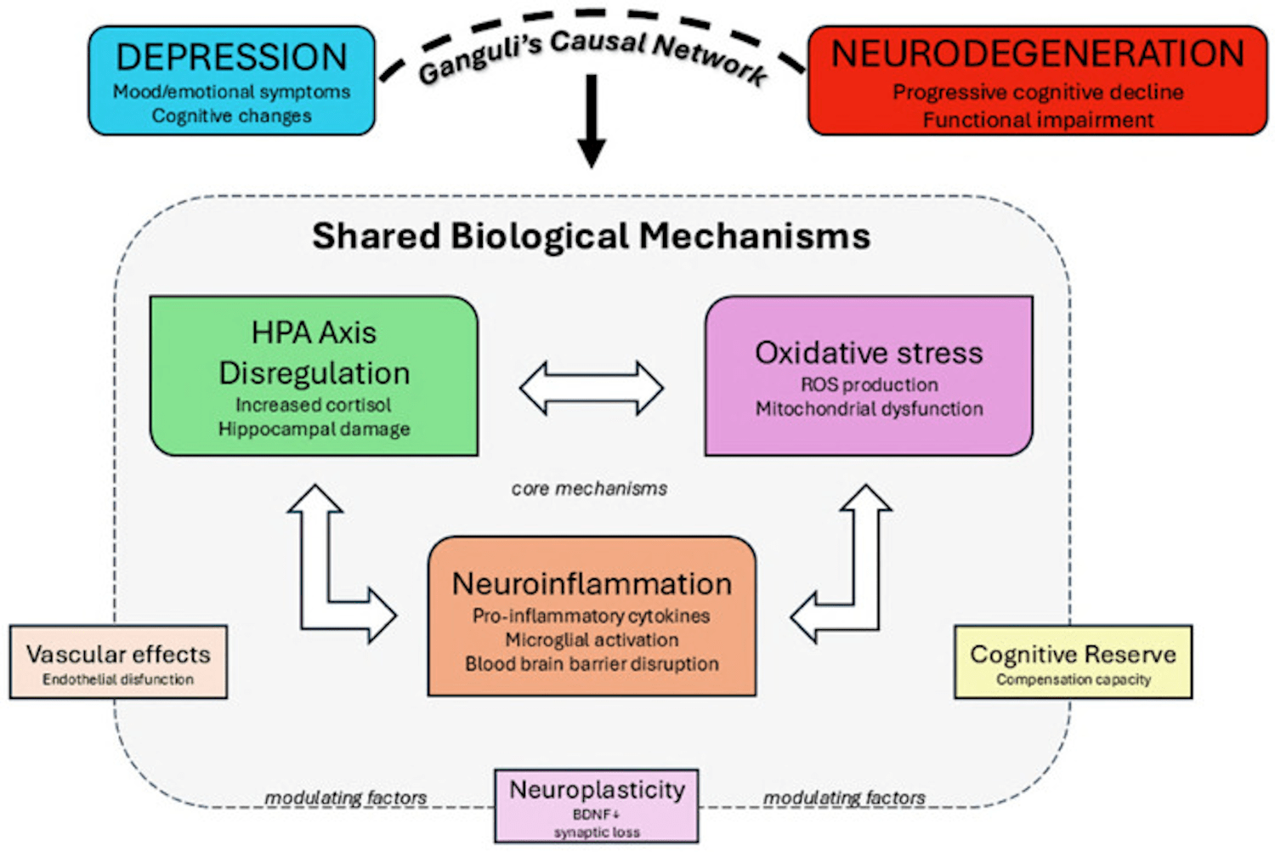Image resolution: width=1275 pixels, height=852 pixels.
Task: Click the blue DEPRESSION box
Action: tap(231, 81)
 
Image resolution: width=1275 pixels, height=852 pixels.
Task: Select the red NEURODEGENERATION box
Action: tap(1037, 81)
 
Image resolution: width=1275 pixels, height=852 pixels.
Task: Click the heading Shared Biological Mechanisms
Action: tap(591, 236)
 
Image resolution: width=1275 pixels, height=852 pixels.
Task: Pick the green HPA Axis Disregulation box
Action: tap(314, 376)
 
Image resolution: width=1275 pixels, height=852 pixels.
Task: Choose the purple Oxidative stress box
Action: tap(869, 376)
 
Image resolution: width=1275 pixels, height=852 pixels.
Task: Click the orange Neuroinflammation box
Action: tap(592, 616)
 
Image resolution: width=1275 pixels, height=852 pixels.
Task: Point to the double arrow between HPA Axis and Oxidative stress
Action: tap(592, 389)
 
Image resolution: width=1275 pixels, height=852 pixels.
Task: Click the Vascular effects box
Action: tap(118, 662)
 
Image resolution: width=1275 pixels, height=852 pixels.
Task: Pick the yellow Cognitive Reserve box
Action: tap(1073, 662)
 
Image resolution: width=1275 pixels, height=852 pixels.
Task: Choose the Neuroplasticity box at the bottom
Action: tap(597, 805)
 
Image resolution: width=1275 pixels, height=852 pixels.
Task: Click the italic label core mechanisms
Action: tap(589, 489)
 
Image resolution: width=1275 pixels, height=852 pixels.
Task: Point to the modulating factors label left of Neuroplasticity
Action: tap(345, 798)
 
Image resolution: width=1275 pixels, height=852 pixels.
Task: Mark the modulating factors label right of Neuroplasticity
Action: tap(844, 798)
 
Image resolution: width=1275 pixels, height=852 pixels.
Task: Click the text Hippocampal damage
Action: tap(314, 429)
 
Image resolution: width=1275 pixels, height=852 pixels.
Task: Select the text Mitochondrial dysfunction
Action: tap(869, 409)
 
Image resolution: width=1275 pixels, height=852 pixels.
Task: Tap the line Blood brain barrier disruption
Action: tap(592, 664)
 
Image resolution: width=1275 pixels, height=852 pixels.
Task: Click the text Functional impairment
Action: tap(1038, 120)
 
